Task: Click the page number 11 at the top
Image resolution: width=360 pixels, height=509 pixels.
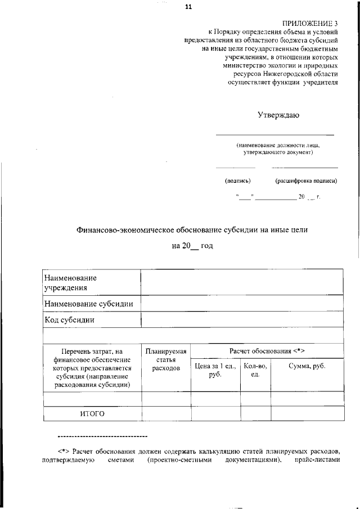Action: (x=188, y=7)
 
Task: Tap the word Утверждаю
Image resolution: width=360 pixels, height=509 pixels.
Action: (x=278, y=115)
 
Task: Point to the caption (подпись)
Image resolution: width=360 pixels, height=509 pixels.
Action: (x=237, y=181)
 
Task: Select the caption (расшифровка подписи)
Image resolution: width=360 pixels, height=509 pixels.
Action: (x=306, y=181)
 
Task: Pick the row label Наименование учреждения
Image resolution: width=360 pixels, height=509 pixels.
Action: (x=70, y=283)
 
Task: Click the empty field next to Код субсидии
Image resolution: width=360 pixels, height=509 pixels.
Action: (x=242, y=320)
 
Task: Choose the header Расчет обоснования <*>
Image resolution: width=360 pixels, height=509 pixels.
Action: (x=267, y=350)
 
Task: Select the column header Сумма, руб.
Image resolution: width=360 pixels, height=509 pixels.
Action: (x=307, y=366)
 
